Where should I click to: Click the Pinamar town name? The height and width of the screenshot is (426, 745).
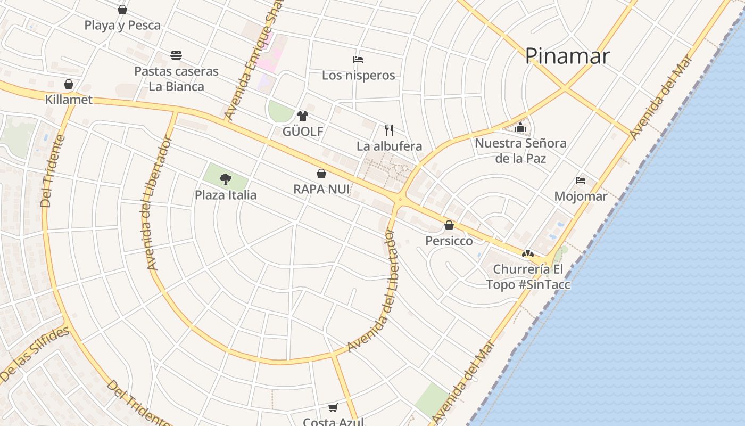[567, 56]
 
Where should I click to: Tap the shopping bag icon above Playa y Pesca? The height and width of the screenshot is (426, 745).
[122, 10]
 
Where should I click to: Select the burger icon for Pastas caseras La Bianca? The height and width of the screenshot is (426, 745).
[176, 55]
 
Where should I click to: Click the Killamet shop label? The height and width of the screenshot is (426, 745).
[69, 100]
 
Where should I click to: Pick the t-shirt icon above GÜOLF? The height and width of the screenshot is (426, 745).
[303, 116]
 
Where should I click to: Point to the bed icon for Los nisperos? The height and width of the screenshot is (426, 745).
[358, 60]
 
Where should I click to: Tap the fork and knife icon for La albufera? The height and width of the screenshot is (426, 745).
[389, 130]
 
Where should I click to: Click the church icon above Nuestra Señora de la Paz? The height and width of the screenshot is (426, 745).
[520, 128]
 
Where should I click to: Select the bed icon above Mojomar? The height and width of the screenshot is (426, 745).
[581, 181]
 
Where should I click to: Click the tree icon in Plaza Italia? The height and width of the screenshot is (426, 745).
[226, 179]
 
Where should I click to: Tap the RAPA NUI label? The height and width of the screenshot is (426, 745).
[321, 189]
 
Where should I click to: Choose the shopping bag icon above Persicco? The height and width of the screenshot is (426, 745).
[449, 225]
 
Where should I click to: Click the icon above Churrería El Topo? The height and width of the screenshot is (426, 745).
[527, 254]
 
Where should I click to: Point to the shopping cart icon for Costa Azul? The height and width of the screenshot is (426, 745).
[333, 408]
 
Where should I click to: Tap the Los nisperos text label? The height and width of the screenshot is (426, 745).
[358, 75]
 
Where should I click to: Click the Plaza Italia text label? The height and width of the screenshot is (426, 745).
[226, 195]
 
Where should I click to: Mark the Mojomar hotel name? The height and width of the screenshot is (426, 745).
[581, 196]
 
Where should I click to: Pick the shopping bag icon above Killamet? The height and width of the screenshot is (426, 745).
[69, 84]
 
